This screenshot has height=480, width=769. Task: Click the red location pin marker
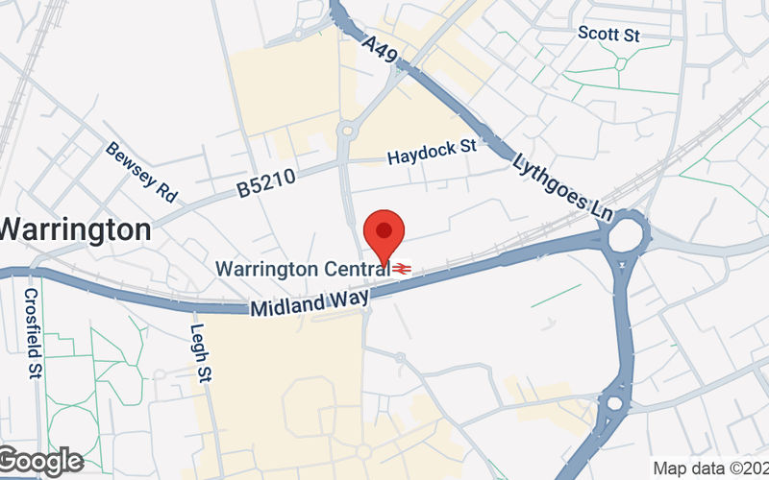click(384, 235)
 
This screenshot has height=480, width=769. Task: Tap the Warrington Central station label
click(303, 268)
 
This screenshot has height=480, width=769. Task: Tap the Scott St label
click(608, 34)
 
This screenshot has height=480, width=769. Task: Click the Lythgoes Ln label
click(563, 187)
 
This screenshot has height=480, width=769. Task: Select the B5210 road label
click(265, 184)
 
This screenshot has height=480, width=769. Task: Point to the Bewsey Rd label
click(141, 172)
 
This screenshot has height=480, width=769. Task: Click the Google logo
click(40, 462)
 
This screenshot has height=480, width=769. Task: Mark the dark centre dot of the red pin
click(384, 229)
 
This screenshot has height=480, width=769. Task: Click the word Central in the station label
click(358, 268)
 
